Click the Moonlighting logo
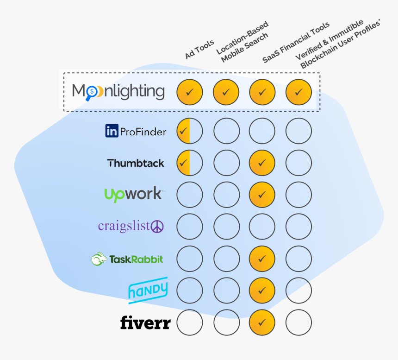coord(118,91)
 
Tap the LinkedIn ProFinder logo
coord(136,132)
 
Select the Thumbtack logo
coord(136,163)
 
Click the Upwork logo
coord(133,194)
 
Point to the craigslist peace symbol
coord(157,227)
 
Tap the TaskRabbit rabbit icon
coord(99,259)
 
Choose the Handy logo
coord(148,290)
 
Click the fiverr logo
coord(145,322)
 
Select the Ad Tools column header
coord(199,50)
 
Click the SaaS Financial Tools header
coord(296,42)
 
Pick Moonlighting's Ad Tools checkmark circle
coord(190,92)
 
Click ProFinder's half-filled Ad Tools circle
coord(190,132)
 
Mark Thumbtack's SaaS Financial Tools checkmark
coord(262,163)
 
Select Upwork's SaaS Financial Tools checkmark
coord(262,195)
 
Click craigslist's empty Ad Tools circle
coord(190,227)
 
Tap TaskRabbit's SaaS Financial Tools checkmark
coord(262,259)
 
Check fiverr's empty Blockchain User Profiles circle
coord(298,322)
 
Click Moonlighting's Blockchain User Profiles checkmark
coord(298,92)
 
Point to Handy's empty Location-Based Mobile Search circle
coord(226,291)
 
